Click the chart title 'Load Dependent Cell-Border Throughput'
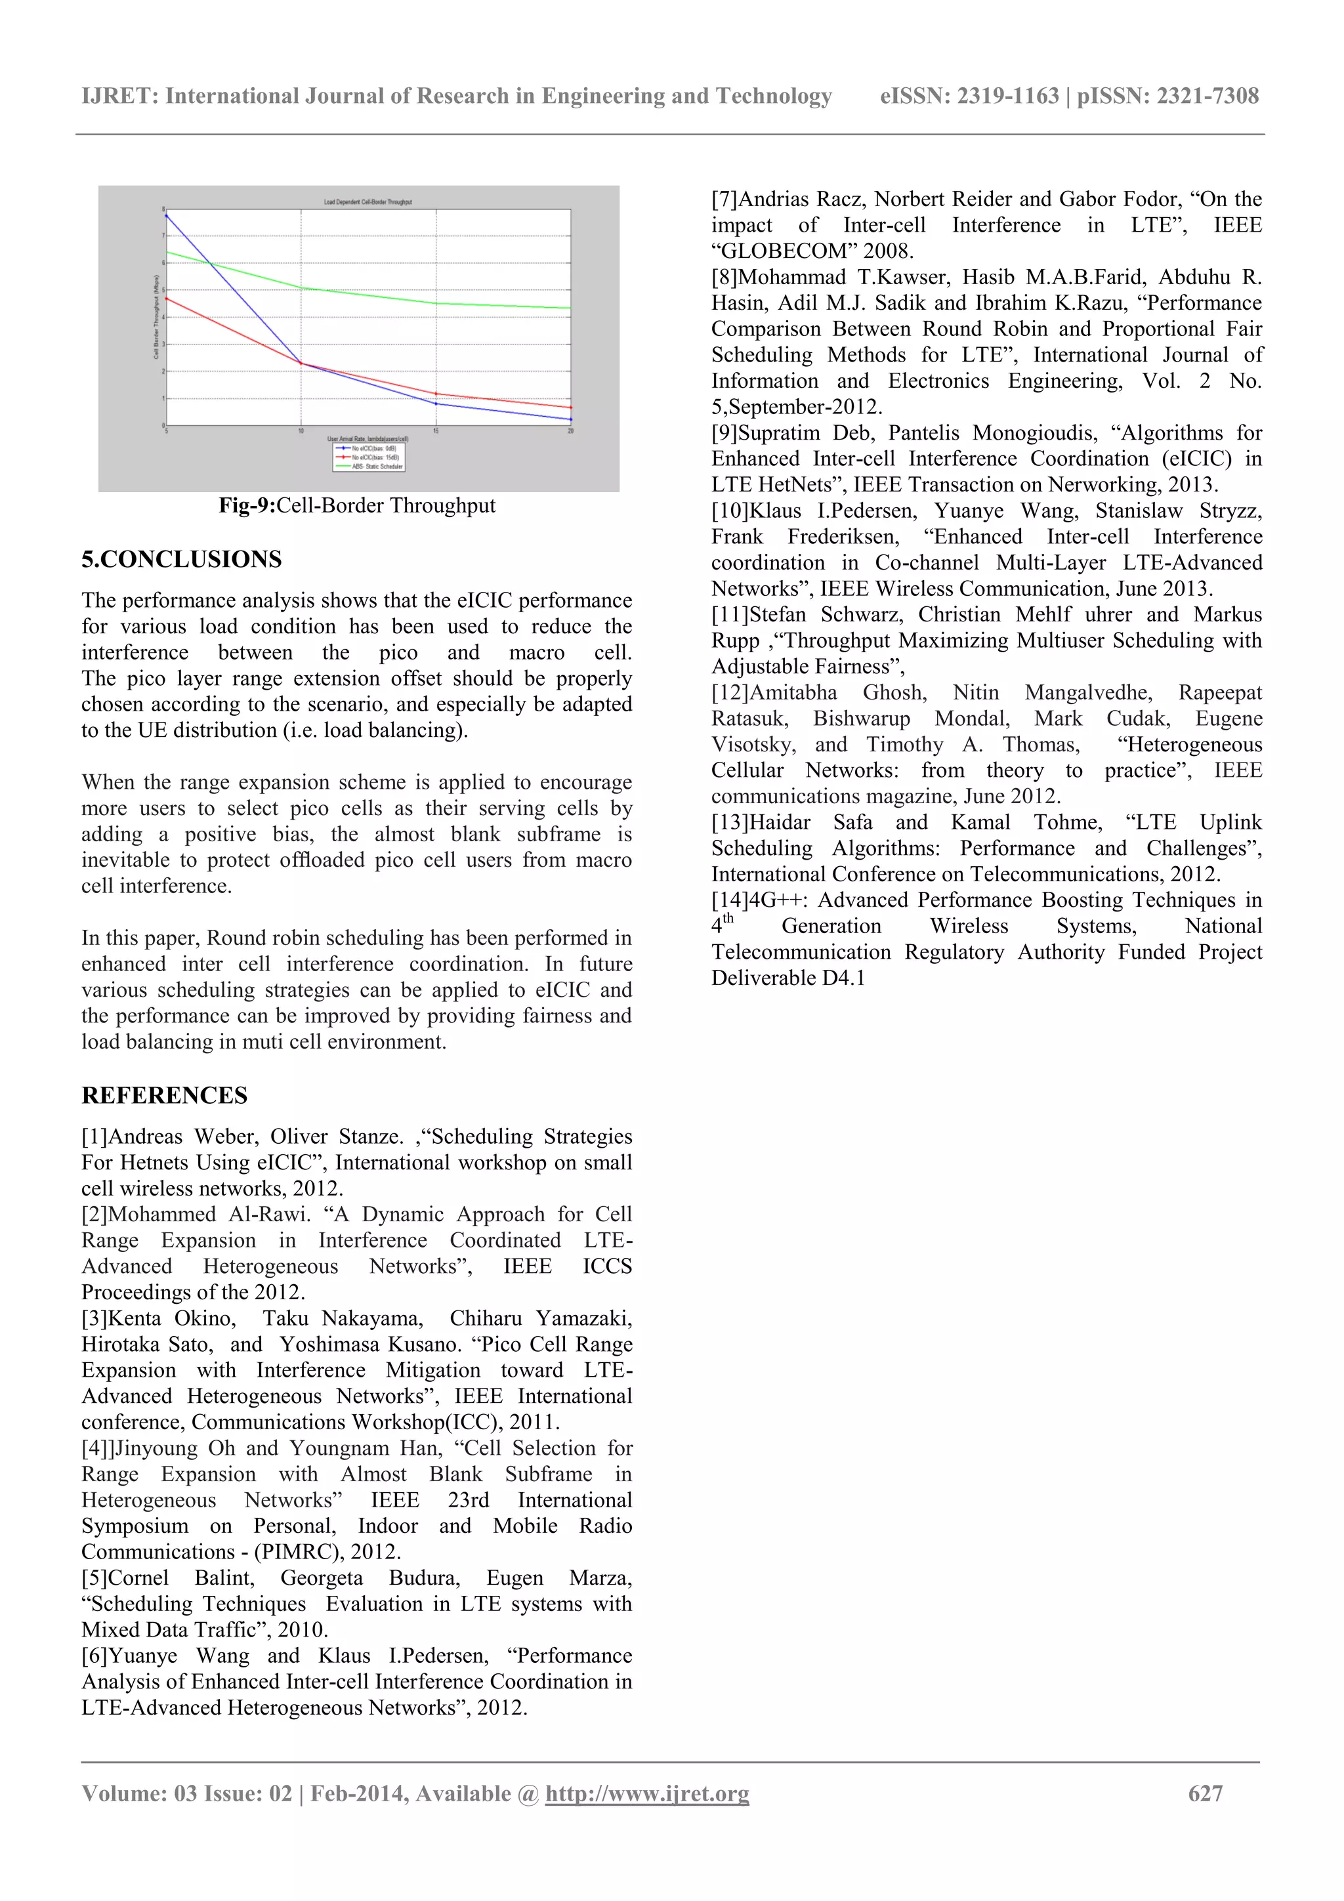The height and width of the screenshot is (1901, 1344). (367, 202)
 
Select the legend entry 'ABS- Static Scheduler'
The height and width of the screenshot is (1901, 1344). (377, 466)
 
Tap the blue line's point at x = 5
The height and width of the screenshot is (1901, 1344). (167, 215)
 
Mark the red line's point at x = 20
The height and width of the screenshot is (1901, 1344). (570, 407)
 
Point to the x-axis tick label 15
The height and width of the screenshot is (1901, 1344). (436, 430)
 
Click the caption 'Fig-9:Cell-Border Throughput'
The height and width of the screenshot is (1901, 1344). (357, 505)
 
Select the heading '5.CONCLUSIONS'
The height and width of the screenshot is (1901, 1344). (181, 559)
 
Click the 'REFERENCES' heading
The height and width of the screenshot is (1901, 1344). (164, 1095)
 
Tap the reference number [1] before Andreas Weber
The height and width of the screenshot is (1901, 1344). (94, 1136)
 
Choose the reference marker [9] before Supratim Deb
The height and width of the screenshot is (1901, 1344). (724, 433)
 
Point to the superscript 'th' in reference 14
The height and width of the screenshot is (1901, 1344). (728, 917)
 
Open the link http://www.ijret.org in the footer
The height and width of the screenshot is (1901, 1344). (647, 1793)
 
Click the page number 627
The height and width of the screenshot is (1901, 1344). (1205, 1793)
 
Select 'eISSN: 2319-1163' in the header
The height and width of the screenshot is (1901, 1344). (969, 96)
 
